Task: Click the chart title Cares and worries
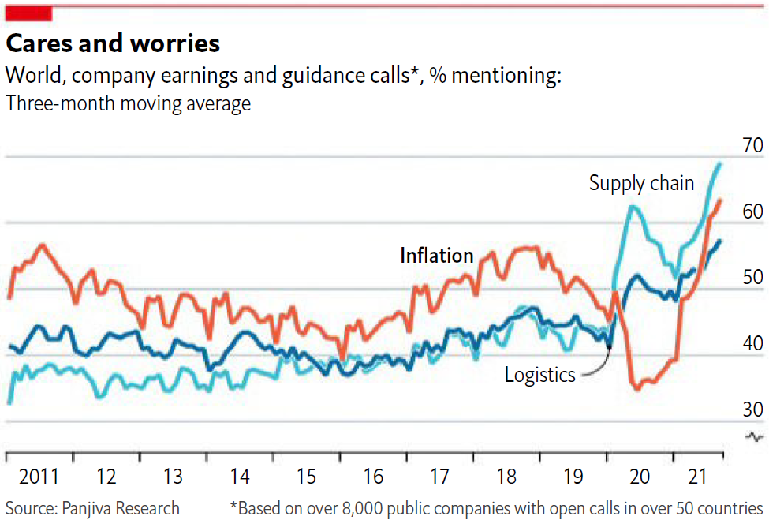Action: tap(113, 43)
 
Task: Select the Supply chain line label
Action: tap(641, 183)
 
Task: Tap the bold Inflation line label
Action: tap(436, 255)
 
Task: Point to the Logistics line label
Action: tap(540, 374)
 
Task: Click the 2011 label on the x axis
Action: tap(39, 477)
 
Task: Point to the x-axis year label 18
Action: tap(506, 477)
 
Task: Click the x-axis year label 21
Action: tap(696, 477)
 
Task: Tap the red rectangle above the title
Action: tap(28, 13)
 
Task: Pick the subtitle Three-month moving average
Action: tap(128, 103)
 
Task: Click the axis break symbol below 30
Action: tap(754, 436)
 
